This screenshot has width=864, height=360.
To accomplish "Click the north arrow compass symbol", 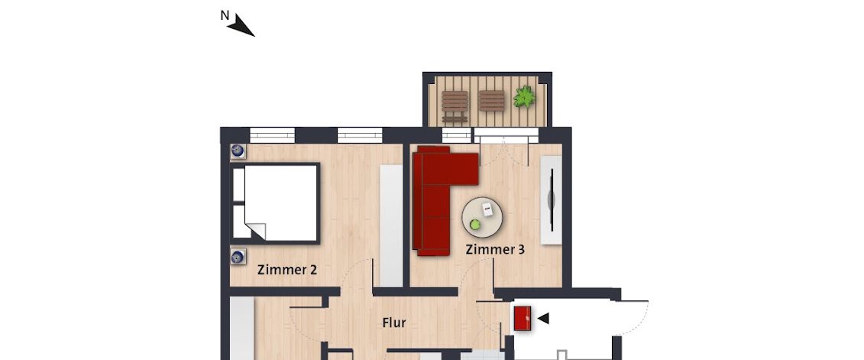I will (243, 26).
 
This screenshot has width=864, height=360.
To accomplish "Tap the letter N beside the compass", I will (224, 15).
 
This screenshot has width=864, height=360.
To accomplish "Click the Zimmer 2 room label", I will (287, 269).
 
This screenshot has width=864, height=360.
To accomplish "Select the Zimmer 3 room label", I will (495, 249).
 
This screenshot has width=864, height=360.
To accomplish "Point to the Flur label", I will (393, 323).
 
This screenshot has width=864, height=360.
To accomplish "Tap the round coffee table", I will (483, 217).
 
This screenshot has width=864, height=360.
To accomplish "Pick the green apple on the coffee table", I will (475, 224).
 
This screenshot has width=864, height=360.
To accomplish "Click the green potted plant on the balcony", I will (524, 97).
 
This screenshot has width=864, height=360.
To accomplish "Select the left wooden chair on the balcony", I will (455, 105).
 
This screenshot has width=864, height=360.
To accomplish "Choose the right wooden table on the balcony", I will (491, 102).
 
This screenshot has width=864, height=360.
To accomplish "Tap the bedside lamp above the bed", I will (238, 151).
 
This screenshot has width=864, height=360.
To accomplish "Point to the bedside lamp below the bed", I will (238, 256).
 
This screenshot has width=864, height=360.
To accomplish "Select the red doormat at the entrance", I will (523, 318).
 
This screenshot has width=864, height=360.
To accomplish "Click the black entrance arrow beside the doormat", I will (543, 318).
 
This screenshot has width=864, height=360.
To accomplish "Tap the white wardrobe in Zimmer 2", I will (390, 226).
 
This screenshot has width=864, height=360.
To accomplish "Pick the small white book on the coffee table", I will (487, 208).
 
